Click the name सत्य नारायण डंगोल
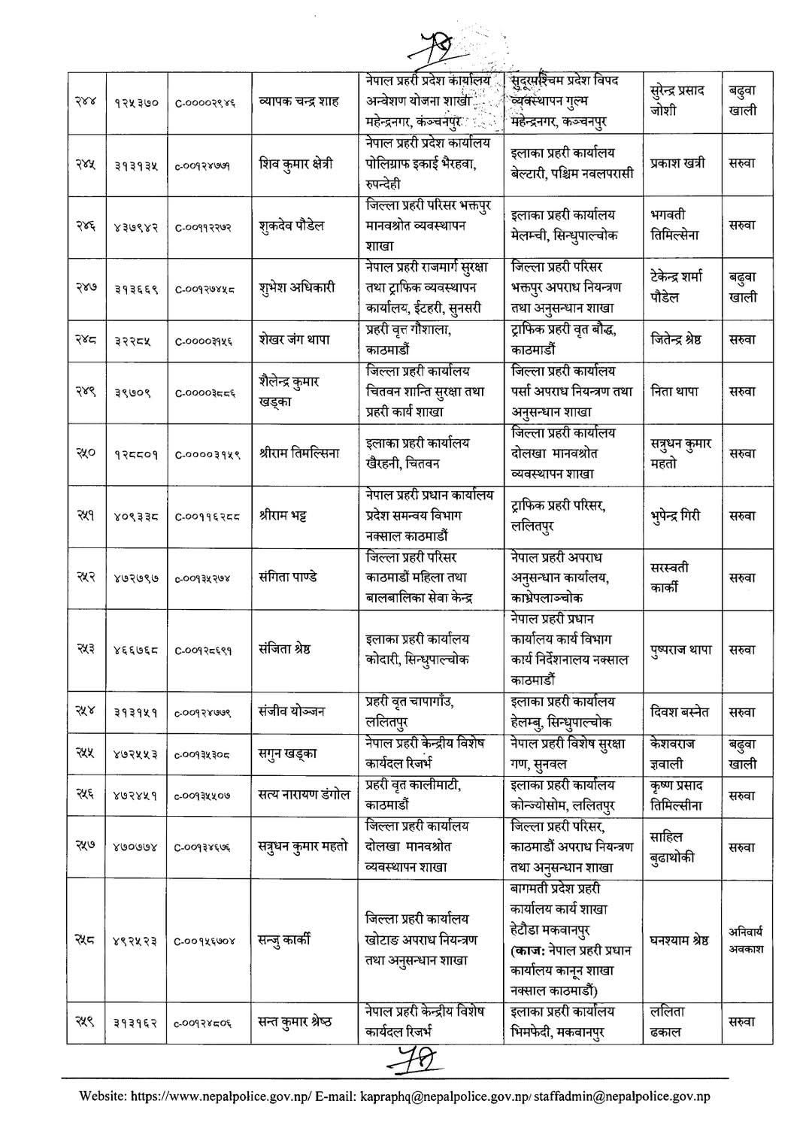point(304,795)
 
